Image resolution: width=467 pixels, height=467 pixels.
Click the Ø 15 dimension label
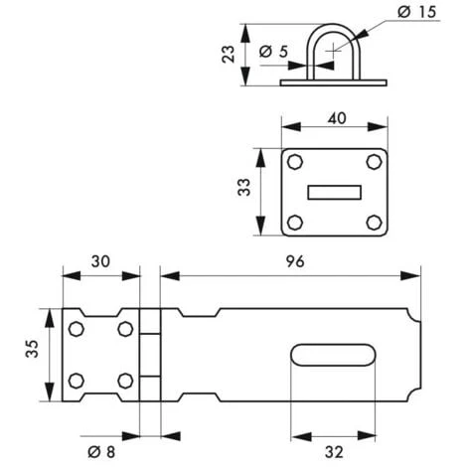point(417,12)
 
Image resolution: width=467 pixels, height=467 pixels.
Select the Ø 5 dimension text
point(273,52)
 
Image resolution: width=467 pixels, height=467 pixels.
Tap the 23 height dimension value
point(228,55)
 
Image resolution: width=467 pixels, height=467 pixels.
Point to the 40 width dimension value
point(337,118)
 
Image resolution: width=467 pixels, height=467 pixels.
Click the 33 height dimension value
point(244,187)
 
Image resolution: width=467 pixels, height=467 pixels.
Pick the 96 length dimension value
point(295,261)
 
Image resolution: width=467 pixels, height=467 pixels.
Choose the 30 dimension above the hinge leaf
point(100,261)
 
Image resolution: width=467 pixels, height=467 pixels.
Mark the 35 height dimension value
point(32,349)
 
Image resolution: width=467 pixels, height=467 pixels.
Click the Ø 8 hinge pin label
point(101,452)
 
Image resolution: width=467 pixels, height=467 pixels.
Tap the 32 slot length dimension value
point(334,452)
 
